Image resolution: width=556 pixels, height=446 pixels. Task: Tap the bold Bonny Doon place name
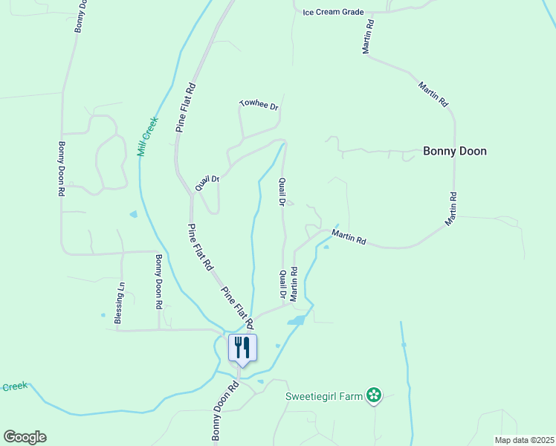tap(454, 151)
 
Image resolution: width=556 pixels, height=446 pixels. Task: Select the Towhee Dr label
tap(259, 105)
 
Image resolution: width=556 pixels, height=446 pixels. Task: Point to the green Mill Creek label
tap(148, 136)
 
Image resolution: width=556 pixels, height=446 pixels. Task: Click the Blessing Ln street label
tap(119, 302)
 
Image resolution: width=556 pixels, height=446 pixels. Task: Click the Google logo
tap(25, 437)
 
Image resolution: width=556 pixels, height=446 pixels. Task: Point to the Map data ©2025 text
tap(524, 440)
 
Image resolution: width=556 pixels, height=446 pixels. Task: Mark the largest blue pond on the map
tap(297, 320)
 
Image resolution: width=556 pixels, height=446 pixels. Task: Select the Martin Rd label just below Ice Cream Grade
tap(368, 35)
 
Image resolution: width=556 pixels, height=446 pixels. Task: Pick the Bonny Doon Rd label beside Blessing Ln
tap(158, 282)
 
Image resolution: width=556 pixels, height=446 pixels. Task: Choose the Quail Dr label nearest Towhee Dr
tap(207, 183)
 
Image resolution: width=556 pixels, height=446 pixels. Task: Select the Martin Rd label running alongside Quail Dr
tap(294, 283)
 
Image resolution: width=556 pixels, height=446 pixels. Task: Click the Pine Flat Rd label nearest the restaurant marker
tap(239, 305)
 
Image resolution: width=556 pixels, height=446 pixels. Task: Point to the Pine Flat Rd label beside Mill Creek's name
tap(187, 107)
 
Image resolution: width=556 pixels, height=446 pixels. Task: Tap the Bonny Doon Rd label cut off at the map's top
tap(80, 15)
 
